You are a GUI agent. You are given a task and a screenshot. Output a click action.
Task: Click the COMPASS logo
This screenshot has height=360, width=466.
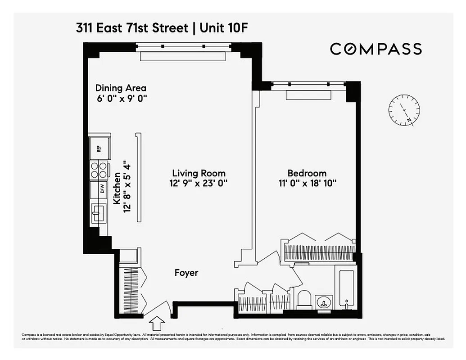coord(376,49)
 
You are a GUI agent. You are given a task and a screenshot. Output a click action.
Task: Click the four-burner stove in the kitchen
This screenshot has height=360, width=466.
coord(100,170)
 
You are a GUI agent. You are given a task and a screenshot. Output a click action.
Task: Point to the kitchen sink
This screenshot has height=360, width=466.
coord(98,212)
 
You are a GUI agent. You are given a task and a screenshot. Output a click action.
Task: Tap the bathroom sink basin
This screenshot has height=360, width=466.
coord(323,302)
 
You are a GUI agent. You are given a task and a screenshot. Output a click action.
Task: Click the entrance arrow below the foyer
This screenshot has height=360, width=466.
coord(157,324)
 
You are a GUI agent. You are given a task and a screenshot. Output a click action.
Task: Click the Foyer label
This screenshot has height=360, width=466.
coord(186,273)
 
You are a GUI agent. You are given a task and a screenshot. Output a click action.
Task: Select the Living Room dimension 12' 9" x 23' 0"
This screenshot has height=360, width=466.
coord(199,184)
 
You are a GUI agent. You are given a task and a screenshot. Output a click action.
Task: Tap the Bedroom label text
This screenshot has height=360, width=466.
coord(307,173)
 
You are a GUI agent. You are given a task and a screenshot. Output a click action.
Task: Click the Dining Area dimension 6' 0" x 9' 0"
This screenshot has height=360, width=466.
coord(121,99)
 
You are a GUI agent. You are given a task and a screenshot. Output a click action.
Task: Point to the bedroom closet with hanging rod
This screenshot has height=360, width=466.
coord(319,252)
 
